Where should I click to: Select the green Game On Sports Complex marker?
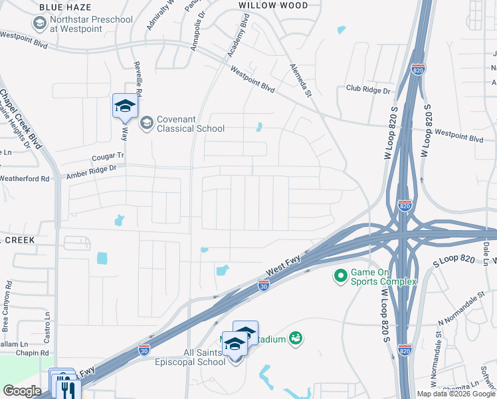click(341, 275)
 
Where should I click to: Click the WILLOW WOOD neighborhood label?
click(273, 5)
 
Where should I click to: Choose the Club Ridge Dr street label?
click(368, 89)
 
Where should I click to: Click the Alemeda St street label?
click(300, 80)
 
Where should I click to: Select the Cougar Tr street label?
click(108, 156)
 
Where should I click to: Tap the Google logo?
click(22, 390)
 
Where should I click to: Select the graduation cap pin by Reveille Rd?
click(125, 106)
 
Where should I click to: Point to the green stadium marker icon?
click(296, 339)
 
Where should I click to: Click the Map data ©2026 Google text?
click(455, 394)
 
